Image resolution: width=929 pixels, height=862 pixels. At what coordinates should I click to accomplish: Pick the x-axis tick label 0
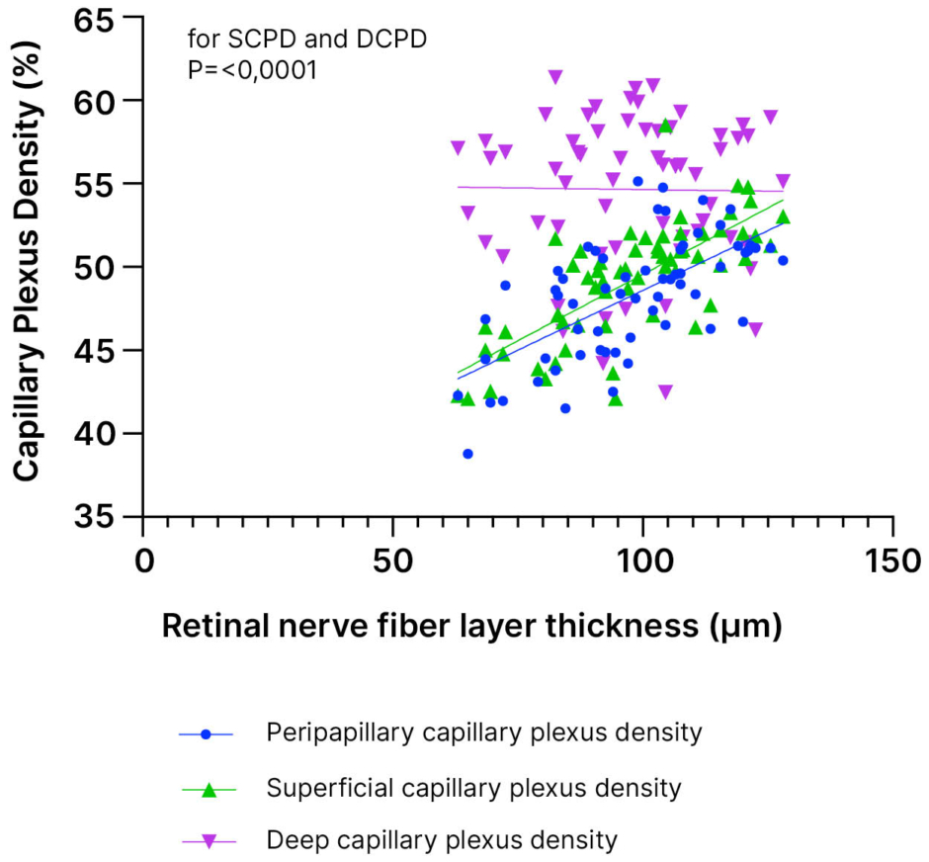click(143, 560)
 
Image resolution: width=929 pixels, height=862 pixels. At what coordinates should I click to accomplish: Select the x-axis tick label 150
click(892, 560)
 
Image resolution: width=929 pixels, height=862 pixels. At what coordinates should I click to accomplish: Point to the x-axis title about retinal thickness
click(472, 626)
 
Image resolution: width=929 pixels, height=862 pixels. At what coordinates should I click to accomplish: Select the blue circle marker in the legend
click(207, 734)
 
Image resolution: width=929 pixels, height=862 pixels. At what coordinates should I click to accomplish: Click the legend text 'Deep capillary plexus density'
click(442, 841)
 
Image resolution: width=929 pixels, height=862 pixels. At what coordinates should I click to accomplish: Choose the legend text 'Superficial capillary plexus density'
click(473, 788)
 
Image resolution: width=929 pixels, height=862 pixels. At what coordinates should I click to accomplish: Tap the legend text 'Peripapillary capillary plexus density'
click(484, 733)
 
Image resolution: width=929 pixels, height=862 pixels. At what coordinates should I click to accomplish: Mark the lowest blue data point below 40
click(467, 454)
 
